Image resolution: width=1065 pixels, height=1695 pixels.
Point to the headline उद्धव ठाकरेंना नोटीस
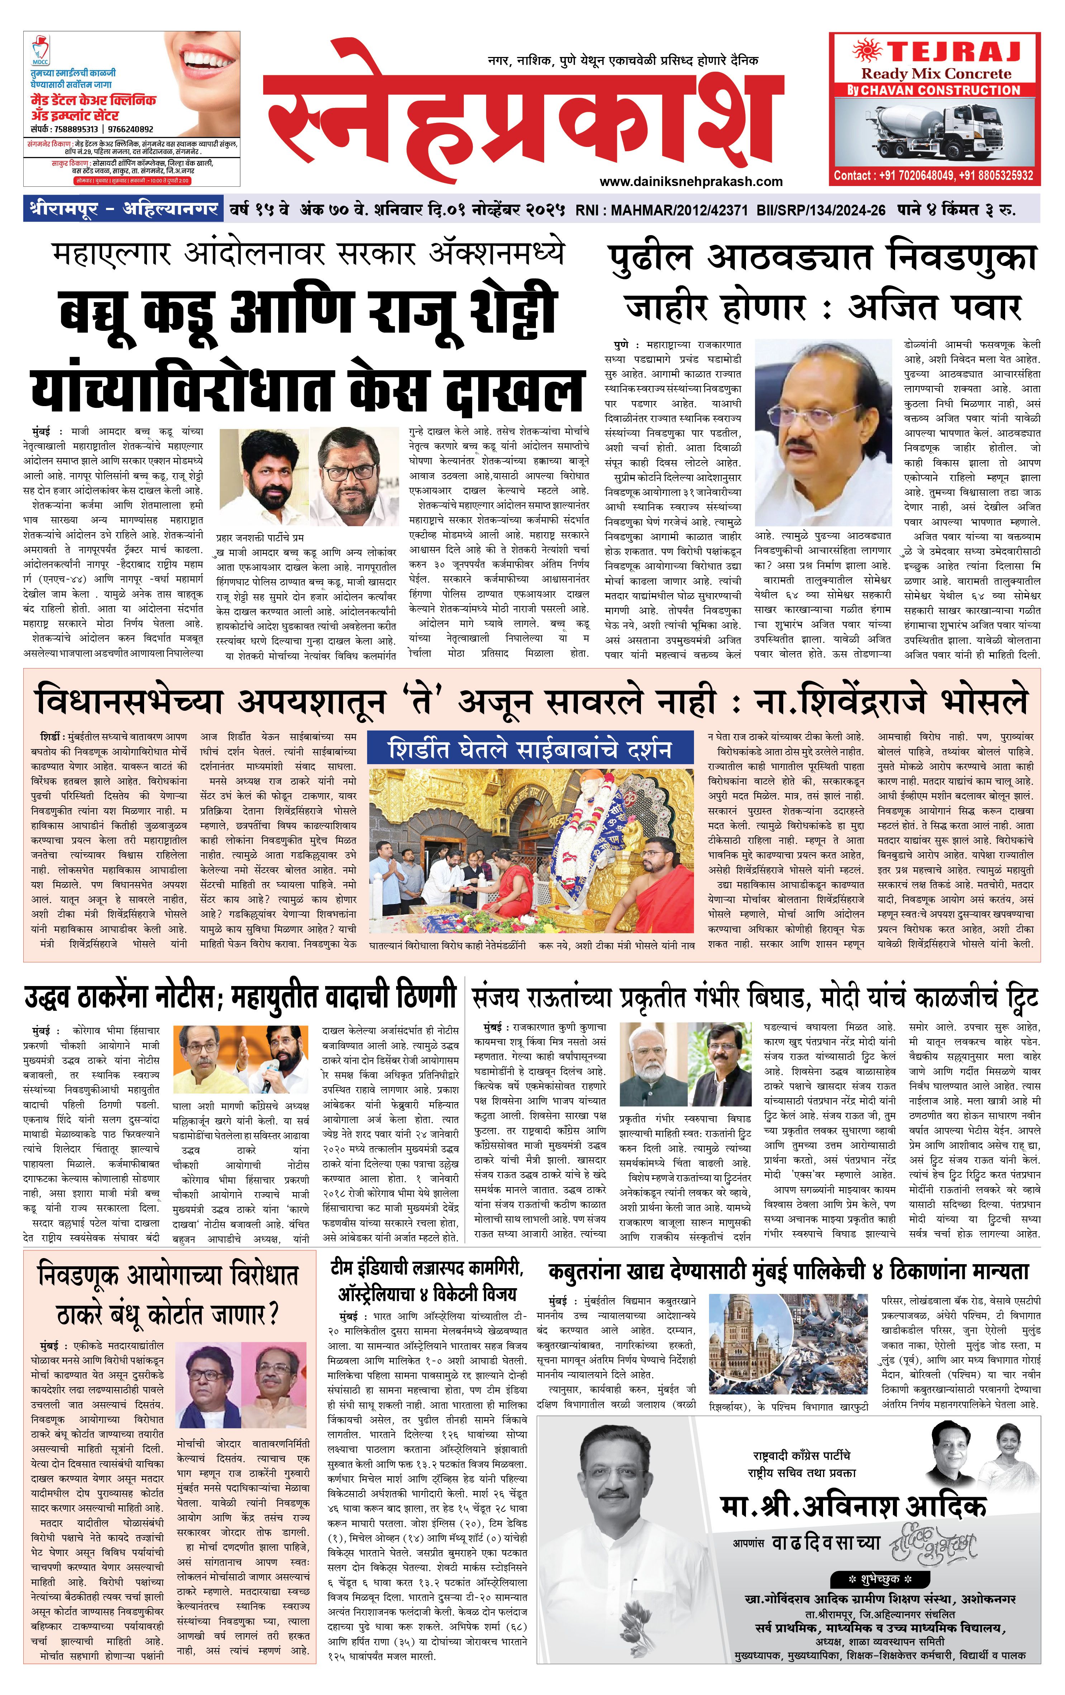(113, 998)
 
